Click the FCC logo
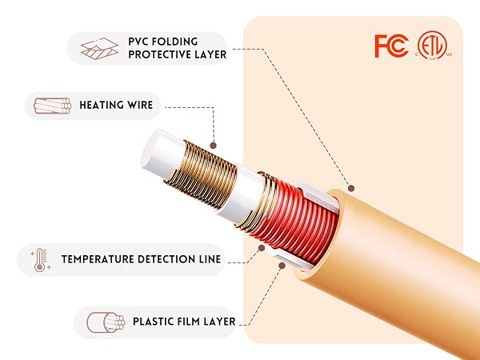click(391, 46)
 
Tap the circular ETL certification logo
click(432, 46)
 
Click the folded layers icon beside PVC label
click(99, 48)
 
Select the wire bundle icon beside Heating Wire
click(52, 106)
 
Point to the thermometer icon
click(40, 260)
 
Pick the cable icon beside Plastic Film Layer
click(106, 322)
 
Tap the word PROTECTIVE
click(158, 54)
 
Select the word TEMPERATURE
click(98, 259)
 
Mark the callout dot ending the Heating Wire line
click(214, 146)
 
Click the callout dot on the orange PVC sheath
click(351, 188)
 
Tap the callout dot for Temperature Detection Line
click(262, 248)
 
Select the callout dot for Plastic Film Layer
click(282, 266)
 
